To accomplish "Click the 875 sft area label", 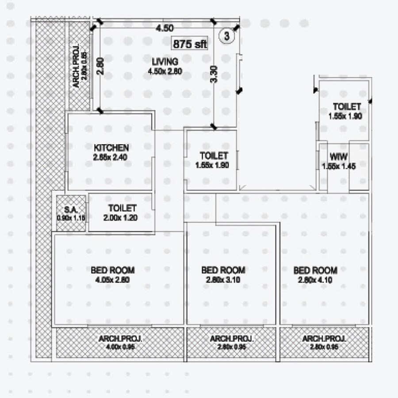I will pos(190,44).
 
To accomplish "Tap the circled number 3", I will pos(226,37).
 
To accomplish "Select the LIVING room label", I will pos(165,61).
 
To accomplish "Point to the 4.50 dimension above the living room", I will pos(164,28).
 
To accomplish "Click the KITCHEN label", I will pos(111,147).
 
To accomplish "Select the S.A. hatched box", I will pos(71,213).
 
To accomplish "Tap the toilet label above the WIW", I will pos(347,107).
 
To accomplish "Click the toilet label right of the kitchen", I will pos(214,156).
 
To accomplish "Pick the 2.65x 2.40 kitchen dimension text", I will pos(111,157).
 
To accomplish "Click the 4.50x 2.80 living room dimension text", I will pos(165,71).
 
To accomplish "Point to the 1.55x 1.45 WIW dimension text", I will pos(339,166).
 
